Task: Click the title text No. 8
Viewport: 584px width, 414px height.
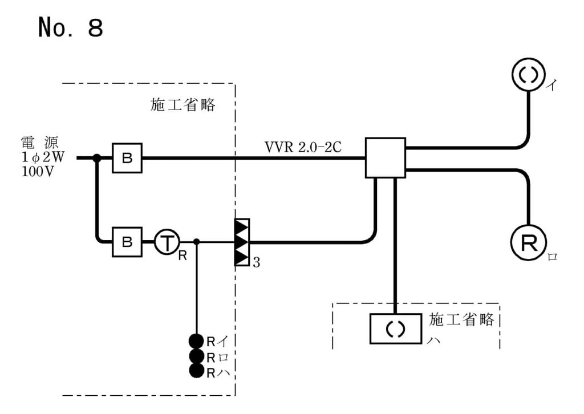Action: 70,27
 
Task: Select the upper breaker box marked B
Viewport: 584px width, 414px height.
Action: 127,158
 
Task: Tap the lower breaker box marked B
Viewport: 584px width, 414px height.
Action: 127,242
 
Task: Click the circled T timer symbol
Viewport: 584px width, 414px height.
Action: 167,242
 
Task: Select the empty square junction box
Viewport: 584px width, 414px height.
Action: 385,157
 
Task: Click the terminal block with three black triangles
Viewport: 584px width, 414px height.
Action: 242,242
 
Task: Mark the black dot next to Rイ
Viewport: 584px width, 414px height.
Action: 197,342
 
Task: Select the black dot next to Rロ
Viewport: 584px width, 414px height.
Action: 197,356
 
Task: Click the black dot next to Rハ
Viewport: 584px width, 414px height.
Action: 197,371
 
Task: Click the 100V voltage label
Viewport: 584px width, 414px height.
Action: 37,172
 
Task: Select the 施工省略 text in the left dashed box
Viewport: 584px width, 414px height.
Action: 183,105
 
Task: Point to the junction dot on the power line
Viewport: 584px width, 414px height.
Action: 97,158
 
